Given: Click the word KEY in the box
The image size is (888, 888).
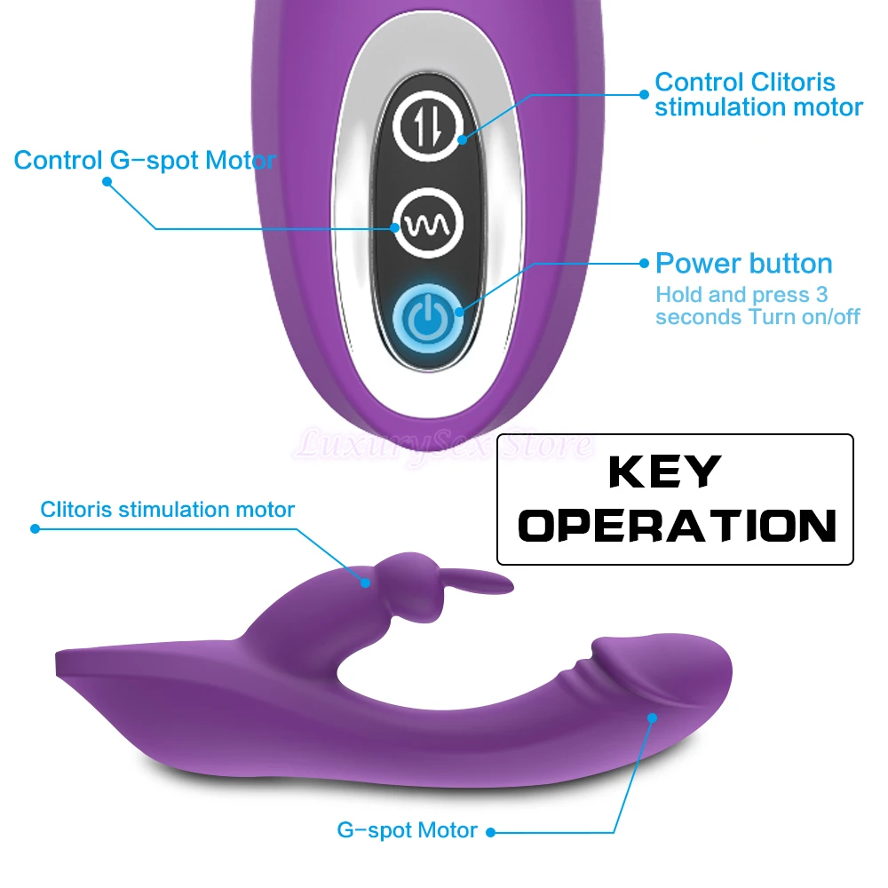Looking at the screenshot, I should coord(663,472).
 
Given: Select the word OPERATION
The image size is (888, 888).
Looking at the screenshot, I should coord(678,526).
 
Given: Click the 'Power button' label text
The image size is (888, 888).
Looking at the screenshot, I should coord(743,264).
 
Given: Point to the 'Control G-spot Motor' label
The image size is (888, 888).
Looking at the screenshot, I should coord(145,161).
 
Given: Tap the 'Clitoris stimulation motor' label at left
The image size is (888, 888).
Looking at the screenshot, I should coord(167,510).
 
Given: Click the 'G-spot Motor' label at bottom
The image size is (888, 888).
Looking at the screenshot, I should coord(408,831).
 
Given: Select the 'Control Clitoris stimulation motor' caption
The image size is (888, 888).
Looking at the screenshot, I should coord(757,95).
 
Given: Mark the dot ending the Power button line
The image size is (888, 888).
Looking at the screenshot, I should coord(644,264).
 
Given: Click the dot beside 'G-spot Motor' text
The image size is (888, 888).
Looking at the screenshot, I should coord(489,832).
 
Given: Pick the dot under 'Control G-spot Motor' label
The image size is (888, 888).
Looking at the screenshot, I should coord(107,181).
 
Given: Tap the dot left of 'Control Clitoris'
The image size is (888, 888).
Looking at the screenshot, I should coord(644,94).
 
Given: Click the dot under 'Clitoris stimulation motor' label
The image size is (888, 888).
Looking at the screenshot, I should coord(36,528).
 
